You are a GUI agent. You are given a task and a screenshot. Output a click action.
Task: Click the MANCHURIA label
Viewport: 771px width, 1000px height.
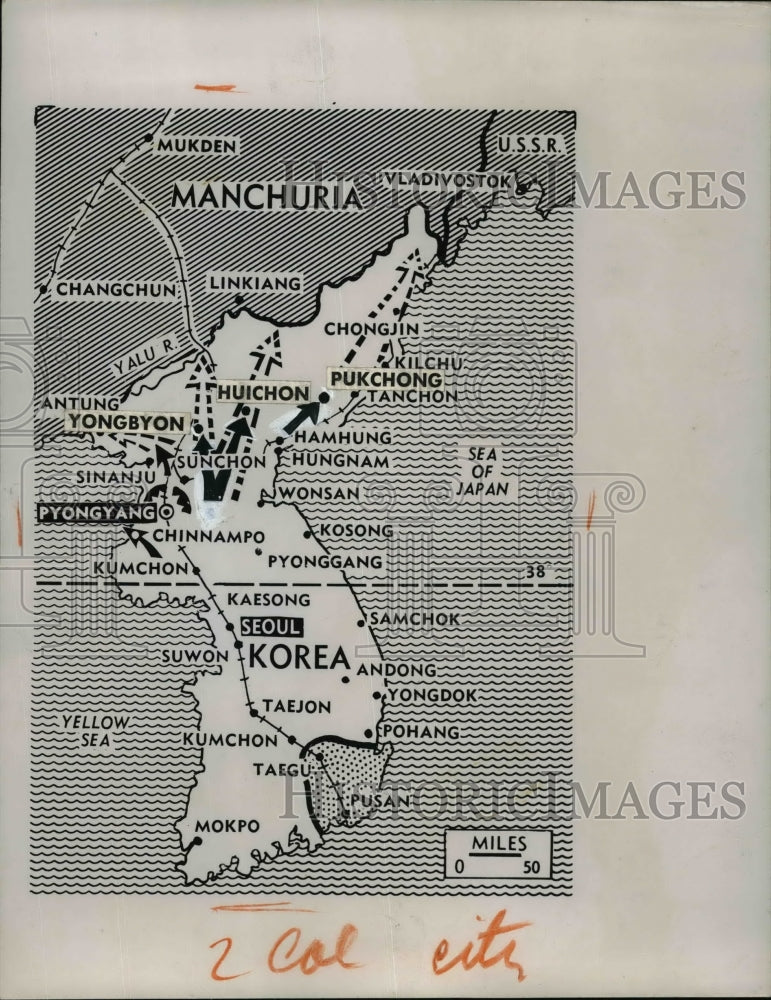tap(265, 195)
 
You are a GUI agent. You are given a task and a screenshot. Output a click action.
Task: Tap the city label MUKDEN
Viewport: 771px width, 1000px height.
tap(196, 146)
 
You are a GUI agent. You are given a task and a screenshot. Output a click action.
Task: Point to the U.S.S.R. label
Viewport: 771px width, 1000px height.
tap(532, 144)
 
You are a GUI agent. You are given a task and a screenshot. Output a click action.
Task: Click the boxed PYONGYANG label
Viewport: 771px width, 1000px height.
tap(97, 513)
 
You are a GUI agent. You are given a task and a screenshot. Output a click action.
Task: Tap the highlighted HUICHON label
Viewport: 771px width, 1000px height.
tap(263, 393)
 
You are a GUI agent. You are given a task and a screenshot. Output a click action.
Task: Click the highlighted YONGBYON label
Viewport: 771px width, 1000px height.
tap(127, 422)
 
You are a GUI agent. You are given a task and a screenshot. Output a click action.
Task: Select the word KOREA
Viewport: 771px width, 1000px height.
tap(298, 657)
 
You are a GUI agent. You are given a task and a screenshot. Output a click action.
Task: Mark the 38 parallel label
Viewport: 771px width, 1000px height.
tap(538, 573)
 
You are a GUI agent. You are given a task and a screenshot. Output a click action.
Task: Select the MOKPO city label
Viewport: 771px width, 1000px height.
tap(227, 826)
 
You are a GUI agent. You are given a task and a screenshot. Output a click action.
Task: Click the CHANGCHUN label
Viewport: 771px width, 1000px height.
tap(116, 289)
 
